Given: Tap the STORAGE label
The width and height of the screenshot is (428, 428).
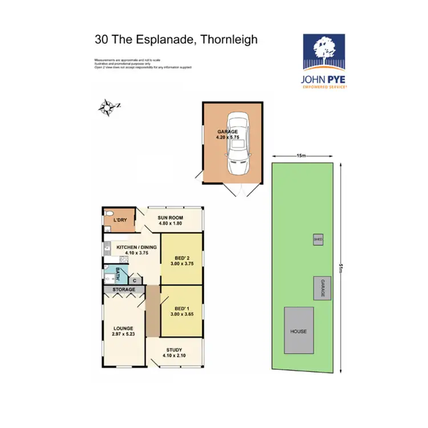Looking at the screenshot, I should [123, 290].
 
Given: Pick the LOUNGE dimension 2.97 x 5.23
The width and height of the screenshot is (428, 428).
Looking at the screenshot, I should [123, 334].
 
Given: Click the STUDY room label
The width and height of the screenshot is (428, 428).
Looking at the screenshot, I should [174, 350].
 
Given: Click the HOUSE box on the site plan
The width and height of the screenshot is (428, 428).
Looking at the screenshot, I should [298, 331].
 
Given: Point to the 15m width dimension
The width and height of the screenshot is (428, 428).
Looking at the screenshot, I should [301, 156].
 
